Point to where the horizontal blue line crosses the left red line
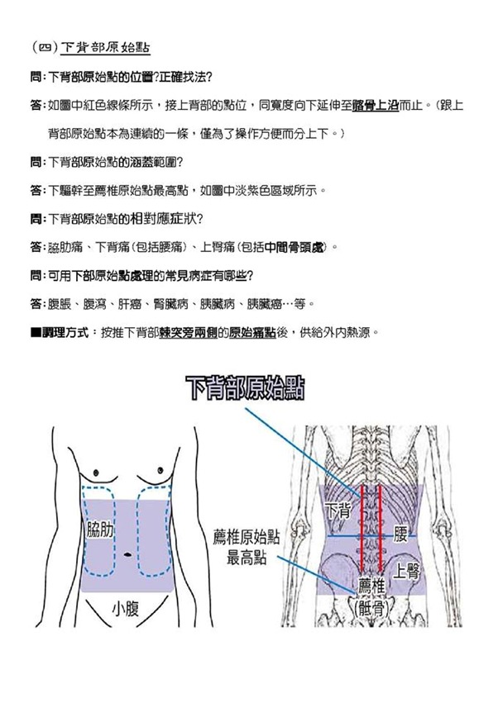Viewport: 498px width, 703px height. pyautogui.click(x=362, y=536)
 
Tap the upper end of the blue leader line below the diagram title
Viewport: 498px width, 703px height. pyautogui.click(x=245, y=408)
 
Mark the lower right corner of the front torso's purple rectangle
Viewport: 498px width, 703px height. pyautogui.click(x=174, y=591)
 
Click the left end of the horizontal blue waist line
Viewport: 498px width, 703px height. pyautogui.click(x=328, y=536)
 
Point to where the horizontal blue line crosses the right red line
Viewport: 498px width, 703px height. pyautogui.click(x=381, y=536)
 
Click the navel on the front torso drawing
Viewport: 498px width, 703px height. pyautogui.click(x=127, y=554)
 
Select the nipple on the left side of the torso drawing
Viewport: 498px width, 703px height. pyautogui.click(x=96, y=473)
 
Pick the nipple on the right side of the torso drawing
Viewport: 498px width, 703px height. pyautogui.click(x=160, y=470)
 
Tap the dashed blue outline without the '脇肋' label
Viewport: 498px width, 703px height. pyautogui.click(x=154, y=531)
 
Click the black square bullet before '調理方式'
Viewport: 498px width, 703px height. pyautogui.click(x=36, y=333)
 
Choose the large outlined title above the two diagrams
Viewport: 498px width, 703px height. pyautogui.click(x=245, y=388)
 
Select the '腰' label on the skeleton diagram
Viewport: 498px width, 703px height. pyautogui.click(x=400, y=534)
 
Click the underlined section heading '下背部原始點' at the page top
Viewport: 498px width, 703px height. pyautogui.click(x=105, y=48)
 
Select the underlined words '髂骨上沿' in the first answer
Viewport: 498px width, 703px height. pyautogui.click(x=376, y=106)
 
